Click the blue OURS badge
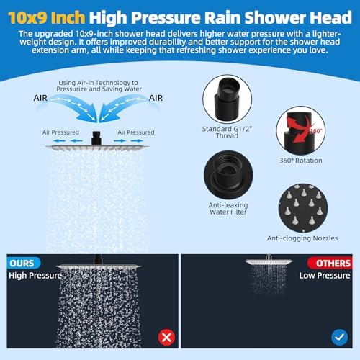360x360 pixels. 24,263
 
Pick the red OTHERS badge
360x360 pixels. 330,263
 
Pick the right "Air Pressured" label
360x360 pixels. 135,132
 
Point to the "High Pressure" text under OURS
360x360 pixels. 35,275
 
